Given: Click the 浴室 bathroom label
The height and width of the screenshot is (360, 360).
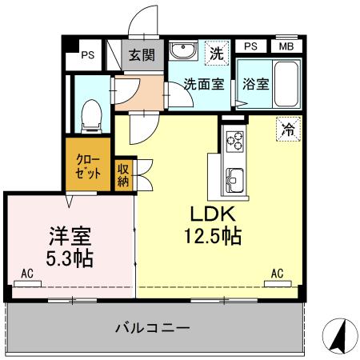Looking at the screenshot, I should click(x=255, y=84).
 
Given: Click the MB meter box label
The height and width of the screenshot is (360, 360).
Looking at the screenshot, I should click(x=286, y=46).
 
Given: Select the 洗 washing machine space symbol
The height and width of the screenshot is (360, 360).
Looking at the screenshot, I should click(x=215, y=54).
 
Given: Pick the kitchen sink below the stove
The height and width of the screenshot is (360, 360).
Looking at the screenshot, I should click(x=235, y=177).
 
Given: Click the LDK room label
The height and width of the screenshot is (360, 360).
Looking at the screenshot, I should click(x=211, y=214).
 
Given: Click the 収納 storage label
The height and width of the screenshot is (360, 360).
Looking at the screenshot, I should click(x=124, y=174).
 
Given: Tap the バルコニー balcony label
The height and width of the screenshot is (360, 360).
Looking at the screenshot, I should click(x=151, y=328).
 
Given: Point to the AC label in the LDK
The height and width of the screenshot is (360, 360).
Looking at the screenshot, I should click(x=278, y=273).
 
